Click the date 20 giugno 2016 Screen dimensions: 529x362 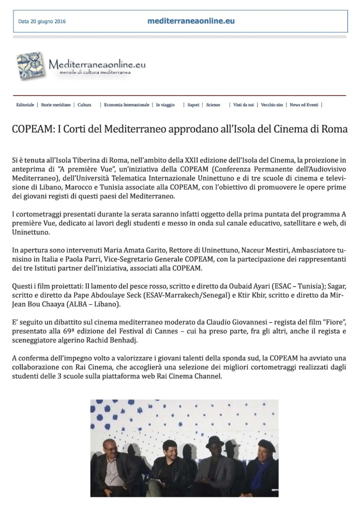42,22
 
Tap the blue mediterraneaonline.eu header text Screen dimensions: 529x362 191,21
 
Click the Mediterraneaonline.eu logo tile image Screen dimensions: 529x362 31,66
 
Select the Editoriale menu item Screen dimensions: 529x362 25,105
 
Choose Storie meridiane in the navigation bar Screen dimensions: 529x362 56,105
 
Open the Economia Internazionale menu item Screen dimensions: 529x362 126,105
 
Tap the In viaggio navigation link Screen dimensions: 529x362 165,105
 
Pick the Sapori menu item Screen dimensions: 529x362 193,105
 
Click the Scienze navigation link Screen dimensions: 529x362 213,105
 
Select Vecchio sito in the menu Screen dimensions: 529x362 272,105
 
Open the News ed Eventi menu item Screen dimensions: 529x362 304,105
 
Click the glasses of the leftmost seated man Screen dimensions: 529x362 110,448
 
